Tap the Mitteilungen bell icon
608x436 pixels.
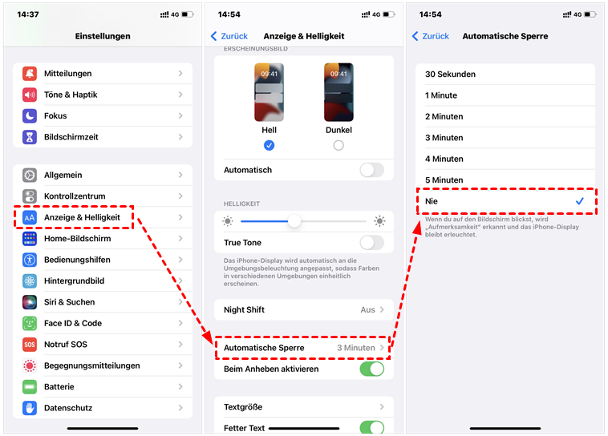pos(30,73)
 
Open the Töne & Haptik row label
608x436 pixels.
pos(71,95)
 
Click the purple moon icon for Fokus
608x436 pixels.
pos(30,115)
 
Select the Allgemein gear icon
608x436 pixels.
pos(30,175)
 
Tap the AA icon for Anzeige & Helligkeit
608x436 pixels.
pos(30,217)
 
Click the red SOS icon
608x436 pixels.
pos(30,344)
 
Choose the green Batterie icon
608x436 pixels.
pos(30,387)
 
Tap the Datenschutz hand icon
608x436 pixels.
pos(30,408)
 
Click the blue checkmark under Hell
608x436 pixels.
pos(269,145)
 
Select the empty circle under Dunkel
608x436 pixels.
pos(338,145)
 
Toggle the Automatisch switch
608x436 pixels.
pos(372,170)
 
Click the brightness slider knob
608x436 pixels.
pos(294,221)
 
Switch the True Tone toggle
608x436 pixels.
pos(372,243)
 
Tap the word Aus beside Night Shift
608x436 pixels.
pos(367,309)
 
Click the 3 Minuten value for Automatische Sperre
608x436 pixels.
pos(356,348)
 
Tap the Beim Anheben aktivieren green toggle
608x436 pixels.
pos(372,369)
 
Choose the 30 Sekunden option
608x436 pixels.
pos(450,74)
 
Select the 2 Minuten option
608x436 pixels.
pos(444,116)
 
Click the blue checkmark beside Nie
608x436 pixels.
pos(580,200)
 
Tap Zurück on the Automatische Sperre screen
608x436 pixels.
pos(431,36)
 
